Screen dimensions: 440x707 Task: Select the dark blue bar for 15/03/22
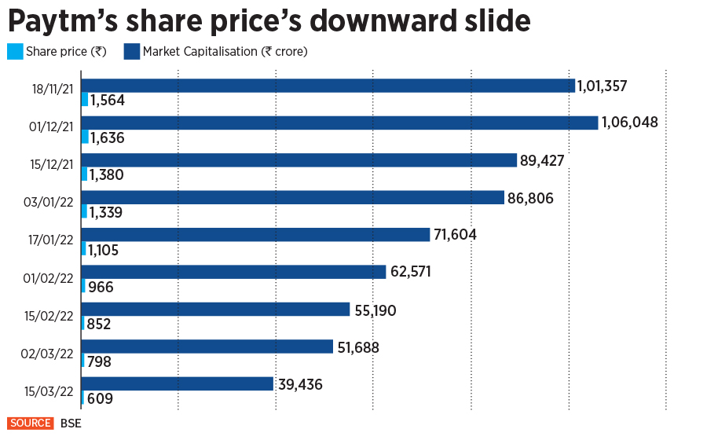click(x=178, y=383)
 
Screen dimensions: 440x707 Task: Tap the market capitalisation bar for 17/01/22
click(x=256, y=234)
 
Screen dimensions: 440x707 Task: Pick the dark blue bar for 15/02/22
click(x=215, y=309)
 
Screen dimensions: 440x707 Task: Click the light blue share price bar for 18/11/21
click(x=85, y=100)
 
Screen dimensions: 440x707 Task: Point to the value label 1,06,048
click(x=629, y=123)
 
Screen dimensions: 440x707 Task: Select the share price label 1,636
click(x=108, y=137)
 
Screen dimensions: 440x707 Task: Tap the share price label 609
click(x=100, y=398)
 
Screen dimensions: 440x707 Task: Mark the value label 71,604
click(x=456, y=234)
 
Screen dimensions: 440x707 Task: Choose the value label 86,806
click(x=530, y=198)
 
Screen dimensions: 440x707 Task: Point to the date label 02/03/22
click(x=49, y=354)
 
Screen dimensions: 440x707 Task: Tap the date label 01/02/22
click(x=49, y=279)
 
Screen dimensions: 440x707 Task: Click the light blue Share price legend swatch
click(x=15, y=53)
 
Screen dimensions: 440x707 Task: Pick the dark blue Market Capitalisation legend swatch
click(x=131, y=53)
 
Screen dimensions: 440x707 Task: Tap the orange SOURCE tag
click(x=31, y=423)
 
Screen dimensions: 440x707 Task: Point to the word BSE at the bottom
click(x=71, y=423)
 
